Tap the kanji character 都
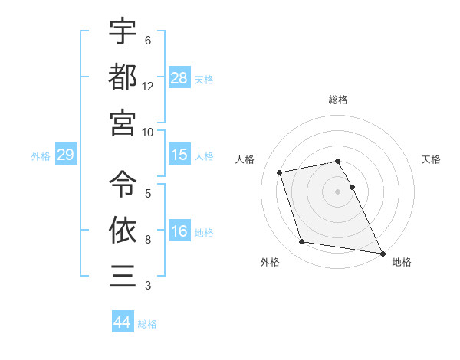pyautogui.click(x=123, y=77)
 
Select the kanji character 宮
pyautogui.click(x=123, y=122)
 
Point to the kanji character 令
pyautogui.click(x=123, y=183)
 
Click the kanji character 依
pyautogui.click(x=123, y=229)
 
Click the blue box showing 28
pyautogui.click(x=179, y=78)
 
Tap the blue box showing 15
pyautogui.click(x=179, y=155)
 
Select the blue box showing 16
pyautogui.click(x=179, y=231)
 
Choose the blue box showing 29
pyautogui.click(x=65, y=155)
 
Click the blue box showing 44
pyautogui.click(x=122, y=322)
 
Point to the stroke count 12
pyautogui.click(x=148, y=87)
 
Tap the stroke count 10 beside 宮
pyautogui.click(x=148, y=132)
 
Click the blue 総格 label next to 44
pyautogui.click(x=147, y=324)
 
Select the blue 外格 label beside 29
pyautogui.click(x=41, y=156)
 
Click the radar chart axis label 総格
pyautogui.click(x=337, y=100)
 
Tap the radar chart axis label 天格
pyautogui.click(x=432, y=159)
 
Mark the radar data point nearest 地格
pyautogui.click(x=382, y=253)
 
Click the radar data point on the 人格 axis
pyautogui.click(x=280, y=172)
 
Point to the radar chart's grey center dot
pyautogui.click(x=337, y=191)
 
